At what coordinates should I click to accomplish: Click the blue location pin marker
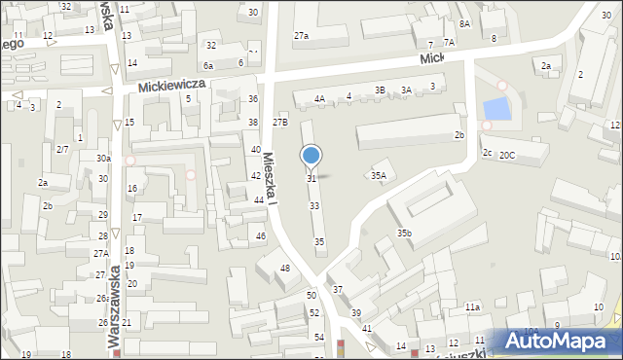(311, 156)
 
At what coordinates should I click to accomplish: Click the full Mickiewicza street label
(171, 86)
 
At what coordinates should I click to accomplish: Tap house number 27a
(302, 36)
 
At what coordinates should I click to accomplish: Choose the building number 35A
(379, 176)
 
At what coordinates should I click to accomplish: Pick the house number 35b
(404, 234)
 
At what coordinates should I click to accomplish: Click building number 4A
(319, 98)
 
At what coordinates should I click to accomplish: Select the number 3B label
(381, 90)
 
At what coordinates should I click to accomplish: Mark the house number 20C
(507, 156)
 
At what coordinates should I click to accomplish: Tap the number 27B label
(280, 123)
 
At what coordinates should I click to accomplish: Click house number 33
(314, 206)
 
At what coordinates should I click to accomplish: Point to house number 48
(285, 268)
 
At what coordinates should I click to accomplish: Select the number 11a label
(472, 306)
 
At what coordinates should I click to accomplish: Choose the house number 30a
(103, 158)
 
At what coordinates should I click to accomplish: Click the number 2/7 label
(62, 149)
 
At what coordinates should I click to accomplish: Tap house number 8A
(464, 23)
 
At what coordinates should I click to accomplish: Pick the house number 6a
(208, 65)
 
